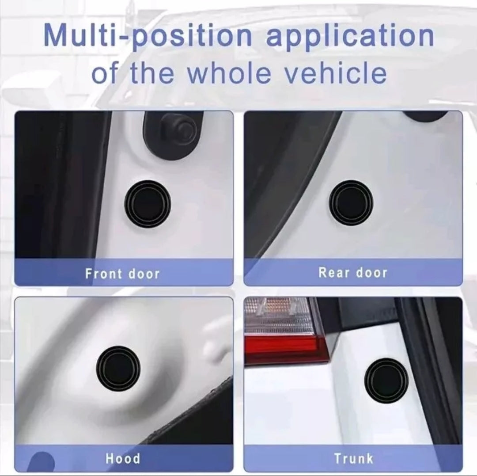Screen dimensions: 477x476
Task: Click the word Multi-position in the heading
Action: [148, 36]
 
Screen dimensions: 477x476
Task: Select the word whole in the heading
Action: [228, 73]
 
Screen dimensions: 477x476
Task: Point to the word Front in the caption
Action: [103, 273]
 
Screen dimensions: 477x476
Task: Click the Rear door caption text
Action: [353, 272]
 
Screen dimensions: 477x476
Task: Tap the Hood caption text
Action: [123, 458]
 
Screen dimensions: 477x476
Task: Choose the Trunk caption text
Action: [353, 458]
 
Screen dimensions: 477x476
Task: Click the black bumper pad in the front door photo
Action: [148, 204]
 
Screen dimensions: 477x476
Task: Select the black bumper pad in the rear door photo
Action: [351, 202]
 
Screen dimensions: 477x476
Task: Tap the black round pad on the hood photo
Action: [118, 369]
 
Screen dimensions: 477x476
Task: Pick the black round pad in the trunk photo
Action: [386, 381]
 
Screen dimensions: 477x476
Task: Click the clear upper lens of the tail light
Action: [278, 316]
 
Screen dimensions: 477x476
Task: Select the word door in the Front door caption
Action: [144, 273]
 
